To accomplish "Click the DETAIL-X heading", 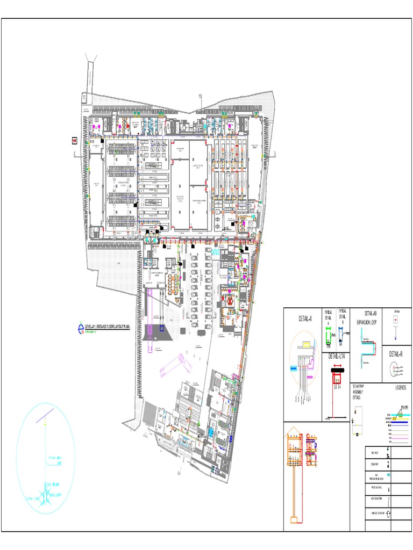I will (x=305, y=319).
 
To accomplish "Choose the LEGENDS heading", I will (x=401, y=388).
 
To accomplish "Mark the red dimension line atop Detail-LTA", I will (x=338, y=364).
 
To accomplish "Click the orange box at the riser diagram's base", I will (x=294, y=519).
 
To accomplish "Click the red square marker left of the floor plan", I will (x=74, y=141).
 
